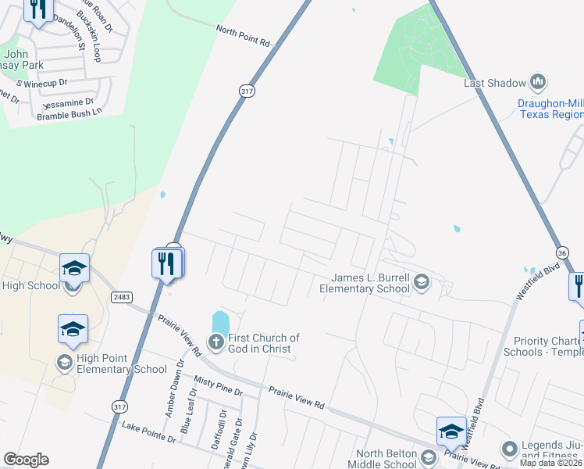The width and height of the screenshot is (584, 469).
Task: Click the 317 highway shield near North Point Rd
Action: coord(247,91)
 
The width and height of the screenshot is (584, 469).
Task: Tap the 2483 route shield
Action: coord(120,297)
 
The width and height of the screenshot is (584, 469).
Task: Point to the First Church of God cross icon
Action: coord(215,341)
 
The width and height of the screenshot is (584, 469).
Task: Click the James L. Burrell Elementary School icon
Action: coord(422,282)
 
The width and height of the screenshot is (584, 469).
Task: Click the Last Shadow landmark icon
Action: coord(537,81)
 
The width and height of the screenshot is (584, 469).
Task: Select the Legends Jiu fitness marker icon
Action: coord(509,449)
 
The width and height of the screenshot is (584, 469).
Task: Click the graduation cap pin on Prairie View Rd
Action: coord(451,431)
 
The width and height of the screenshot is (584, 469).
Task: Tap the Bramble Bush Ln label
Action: coord(69,114)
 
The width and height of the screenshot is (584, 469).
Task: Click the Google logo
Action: coord(26,460)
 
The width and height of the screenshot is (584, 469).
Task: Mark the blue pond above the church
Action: coord(221,321)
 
